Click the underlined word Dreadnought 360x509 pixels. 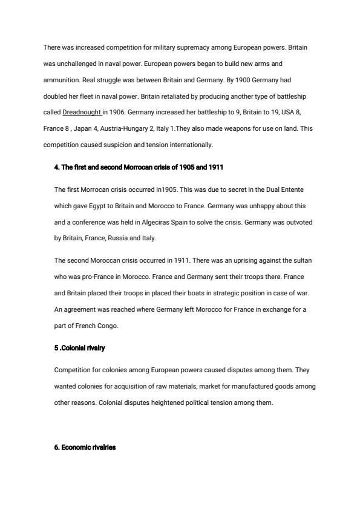point(82,112)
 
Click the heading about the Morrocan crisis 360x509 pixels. point(139,167)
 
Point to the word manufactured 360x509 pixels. point(237,386)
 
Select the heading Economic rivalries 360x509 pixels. point(85,447)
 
